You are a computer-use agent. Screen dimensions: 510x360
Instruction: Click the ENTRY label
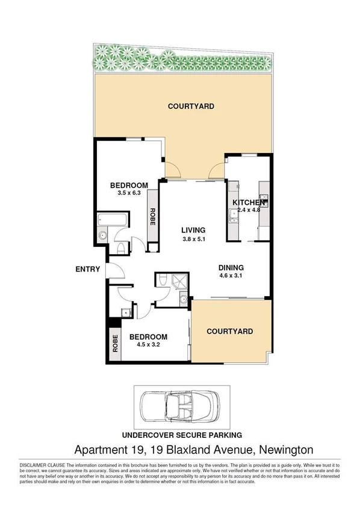(87, 269)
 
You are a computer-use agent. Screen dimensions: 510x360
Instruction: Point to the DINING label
(231, 268)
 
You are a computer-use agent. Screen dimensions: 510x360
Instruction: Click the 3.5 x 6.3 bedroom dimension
(128, 193)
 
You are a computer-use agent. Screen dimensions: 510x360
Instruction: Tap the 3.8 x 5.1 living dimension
(194, 238)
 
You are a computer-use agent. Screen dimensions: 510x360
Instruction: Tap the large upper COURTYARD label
(191, 107)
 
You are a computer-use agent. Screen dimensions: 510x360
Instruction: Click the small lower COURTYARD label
(229, 331)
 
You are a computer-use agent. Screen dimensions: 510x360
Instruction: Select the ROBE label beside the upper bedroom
(153, 216)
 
